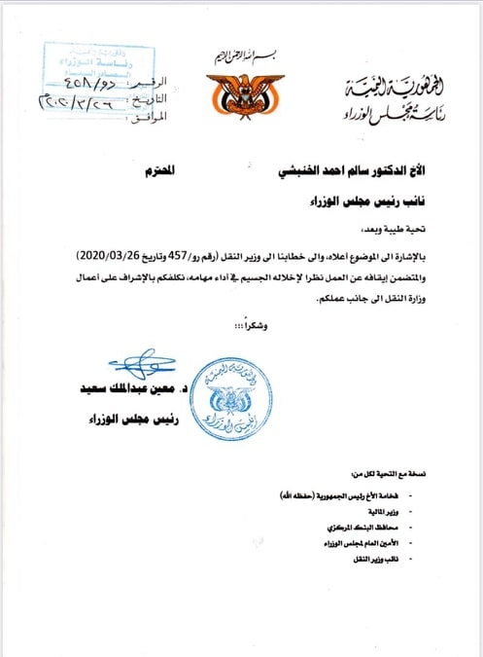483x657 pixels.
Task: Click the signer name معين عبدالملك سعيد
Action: [135, 388]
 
